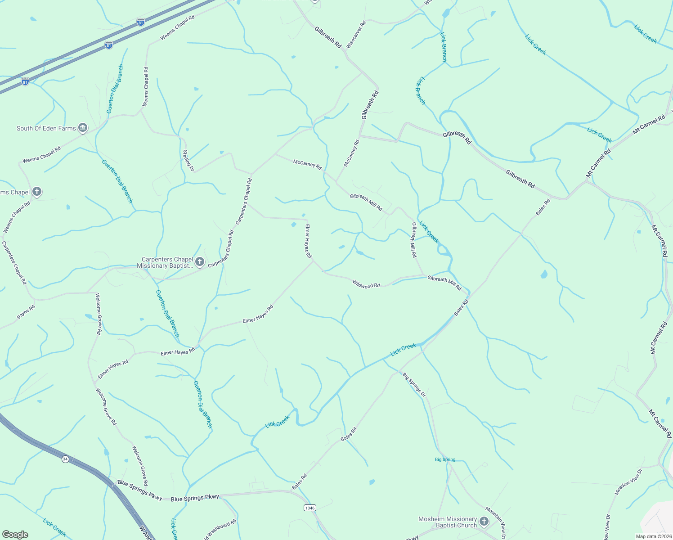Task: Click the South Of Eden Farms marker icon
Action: pos(83,128)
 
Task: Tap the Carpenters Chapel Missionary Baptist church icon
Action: pos(200,262)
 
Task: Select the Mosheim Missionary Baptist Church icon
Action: pos(484,522)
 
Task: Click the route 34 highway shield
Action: pos(66,459)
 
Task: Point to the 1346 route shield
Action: pos(310,508)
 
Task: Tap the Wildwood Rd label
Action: pos(366,284)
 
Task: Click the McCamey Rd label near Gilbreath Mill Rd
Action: pos(307,164)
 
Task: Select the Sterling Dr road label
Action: pos(188,161)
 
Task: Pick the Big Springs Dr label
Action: pos(414,384)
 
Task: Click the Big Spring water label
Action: pos(445,459)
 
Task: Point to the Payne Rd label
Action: pos(26,312)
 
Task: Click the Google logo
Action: pos(15,534)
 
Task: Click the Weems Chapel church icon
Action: pos(37,192)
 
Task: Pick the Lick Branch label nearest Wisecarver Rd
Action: pos(444,47)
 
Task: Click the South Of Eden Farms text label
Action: pos(46,128)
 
